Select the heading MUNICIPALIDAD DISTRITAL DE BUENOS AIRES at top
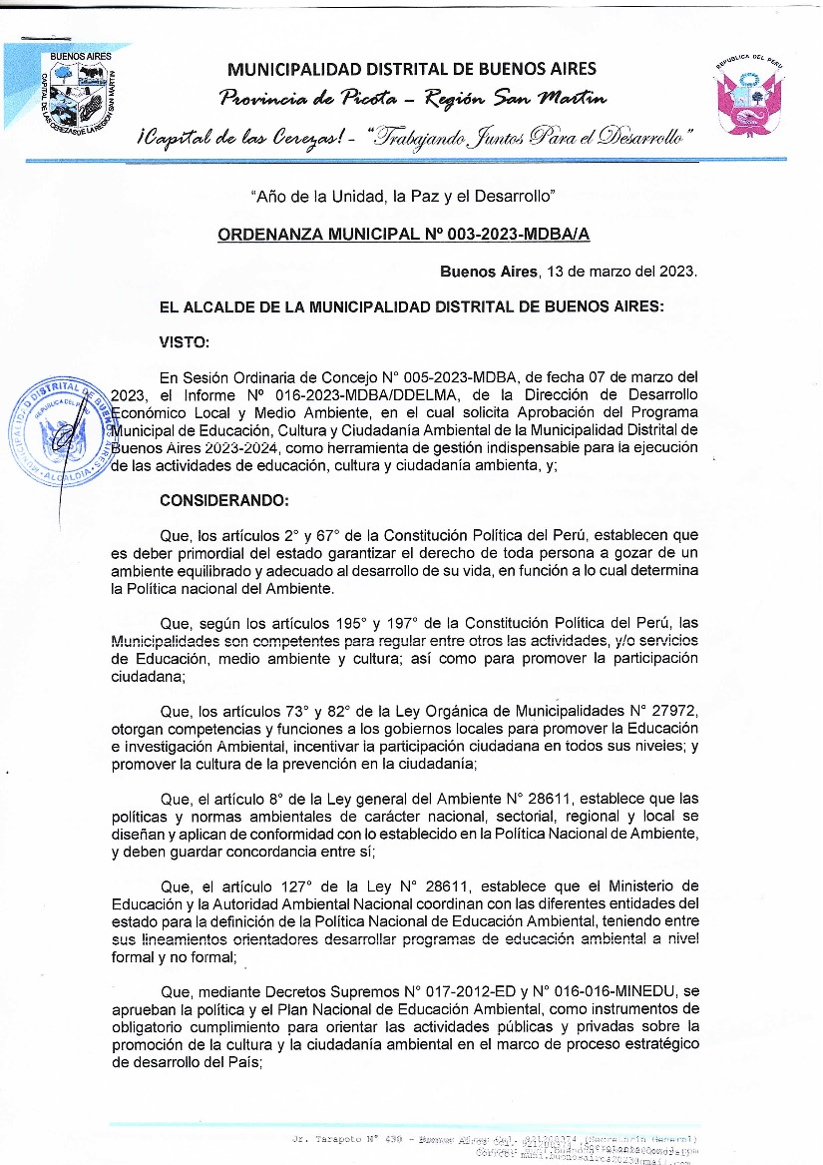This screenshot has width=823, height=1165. pos(412,69)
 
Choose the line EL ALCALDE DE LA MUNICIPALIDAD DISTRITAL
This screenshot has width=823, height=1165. pos(410,306)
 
